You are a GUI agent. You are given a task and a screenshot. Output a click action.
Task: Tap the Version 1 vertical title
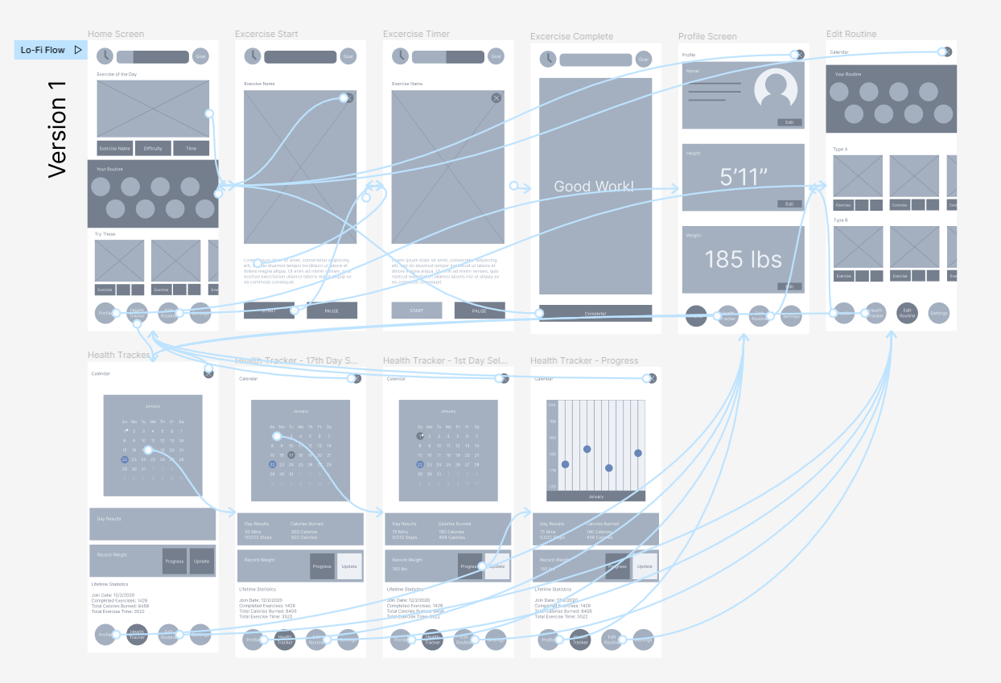click(57, 127)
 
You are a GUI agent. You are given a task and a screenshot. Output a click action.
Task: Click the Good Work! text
click(594, 187)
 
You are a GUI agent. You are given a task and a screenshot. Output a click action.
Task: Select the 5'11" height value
click(744, 177)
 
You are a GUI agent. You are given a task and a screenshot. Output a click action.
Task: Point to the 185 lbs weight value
click(744, 259)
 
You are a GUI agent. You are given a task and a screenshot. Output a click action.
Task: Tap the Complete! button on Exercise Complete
click(595, 313)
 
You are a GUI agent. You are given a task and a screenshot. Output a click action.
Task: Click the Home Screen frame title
click(116, 34)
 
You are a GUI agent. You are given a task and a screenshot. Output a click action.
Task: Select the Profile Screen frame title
click(706, 36)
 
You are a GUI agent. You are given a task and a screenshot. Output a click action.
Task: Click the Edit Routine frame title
click(851, 34)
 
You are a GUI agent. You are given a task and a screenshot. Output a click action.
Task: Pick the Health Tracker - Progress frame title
click(584, 360)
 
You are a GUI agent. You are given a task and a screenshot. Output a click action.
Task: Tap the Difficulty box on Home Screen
click(153, 149)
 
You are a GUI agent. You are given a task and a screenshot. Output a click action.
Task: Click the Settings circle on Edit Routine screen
click(939, 313)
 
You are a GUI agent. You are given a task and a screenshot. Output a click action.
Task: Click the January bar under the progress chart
click(595, 496)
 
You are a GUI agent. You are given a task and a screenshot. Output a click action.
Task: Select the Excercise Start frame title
click(266, 34)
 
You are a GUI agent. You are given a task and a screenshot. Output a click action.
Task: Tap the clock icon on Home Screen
click(105, 56)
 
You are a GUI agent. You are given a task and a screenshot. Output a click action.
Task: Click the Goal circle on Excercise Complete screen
click(643, 60)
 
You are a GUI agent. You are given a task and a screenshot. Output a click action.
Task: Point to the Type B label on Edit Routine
click(841, 220)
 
